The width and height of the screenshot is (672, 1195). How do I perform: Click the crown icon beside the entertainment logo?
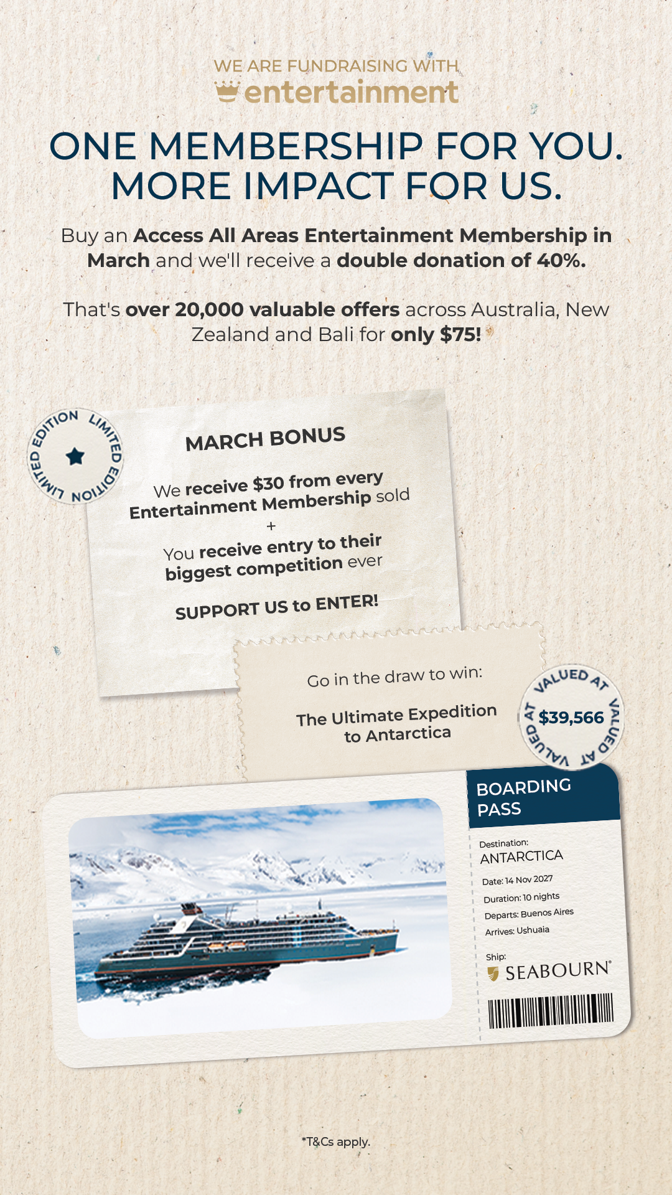pyautogui.click(x=227, y=91)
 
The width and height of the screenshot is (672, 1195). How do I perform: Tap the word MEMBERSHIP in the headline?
pyautogui.click(x=287, y=147)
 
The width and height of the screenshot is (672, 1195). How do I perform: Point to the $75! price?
pyautogui.click(x=460, y=335)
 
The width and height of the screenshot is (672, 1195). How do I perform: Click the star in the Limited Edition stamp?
pyautogui.click(x=75, y=456)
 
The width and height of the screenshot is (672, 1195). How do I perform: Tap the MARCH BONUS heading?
pyautogui.click(x=265, y=439)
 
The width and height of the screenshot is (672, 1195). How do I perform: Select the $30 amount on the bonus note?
pyautogui.click(x=268, y=484)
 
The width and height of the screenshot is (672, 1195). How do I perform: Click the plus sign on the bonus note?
pyautogui.click(x=271, y=527)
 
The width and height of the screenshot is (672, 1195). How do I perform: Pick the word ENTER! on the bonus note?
pyautogui.click(x=347, y=602)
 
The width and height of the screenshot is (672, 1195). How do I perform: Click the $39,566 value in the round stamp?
pyautogui.click(x=571, y=718)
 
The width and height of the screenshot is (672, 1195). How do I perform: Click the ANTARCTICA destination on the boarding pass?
pyautogui.click(x=521, y=857)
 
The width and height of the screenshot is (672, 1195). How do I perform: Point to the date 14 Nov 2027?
pyautogui.click(x=528, y=879)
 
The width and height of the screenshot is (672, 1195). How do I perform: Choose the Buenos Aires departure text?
pyautogui.click(x=547, y=913)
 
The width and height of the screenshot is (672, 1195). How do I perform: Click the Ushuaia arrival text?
pyautogui.click(x=533, y=930)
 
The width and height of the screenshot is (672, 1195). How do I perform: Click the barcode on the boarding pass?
pyautogui.click(x=551, y=1010)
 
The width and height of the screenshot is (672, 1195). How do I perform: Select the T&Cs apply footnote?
pyautogui.click(x=336, y=1141)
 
